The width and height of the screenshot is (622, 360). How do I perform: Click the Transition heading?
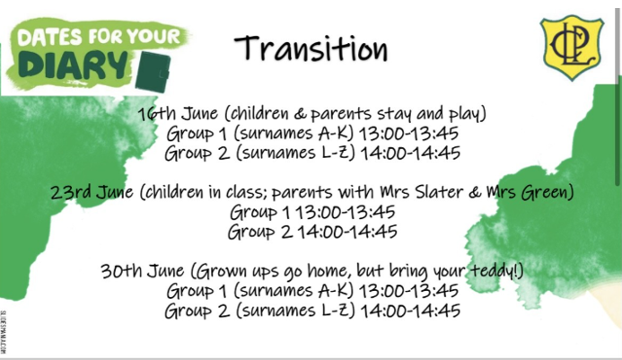[x=311, y=48]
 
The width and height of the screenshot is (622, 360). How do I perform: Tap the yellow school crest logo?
[x=572, y=48]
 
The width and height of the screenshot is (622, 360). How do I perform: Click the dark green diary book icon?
[x=153, y=72]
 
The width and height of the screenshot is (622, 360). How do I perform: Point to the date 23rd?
[x=72, y=192]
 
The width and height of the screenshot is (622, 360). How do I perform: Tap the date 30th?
[x=121, y=271]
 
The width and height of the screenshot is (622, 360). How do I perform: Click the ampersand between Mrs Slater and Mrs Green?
[x=475, y=192]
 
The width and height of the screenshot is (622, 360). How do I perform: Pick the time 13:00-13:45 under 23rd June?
[x=346, y=213]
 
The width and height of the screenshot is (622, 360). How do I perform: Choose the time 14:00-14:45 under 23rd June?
[x=347, y=233]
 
